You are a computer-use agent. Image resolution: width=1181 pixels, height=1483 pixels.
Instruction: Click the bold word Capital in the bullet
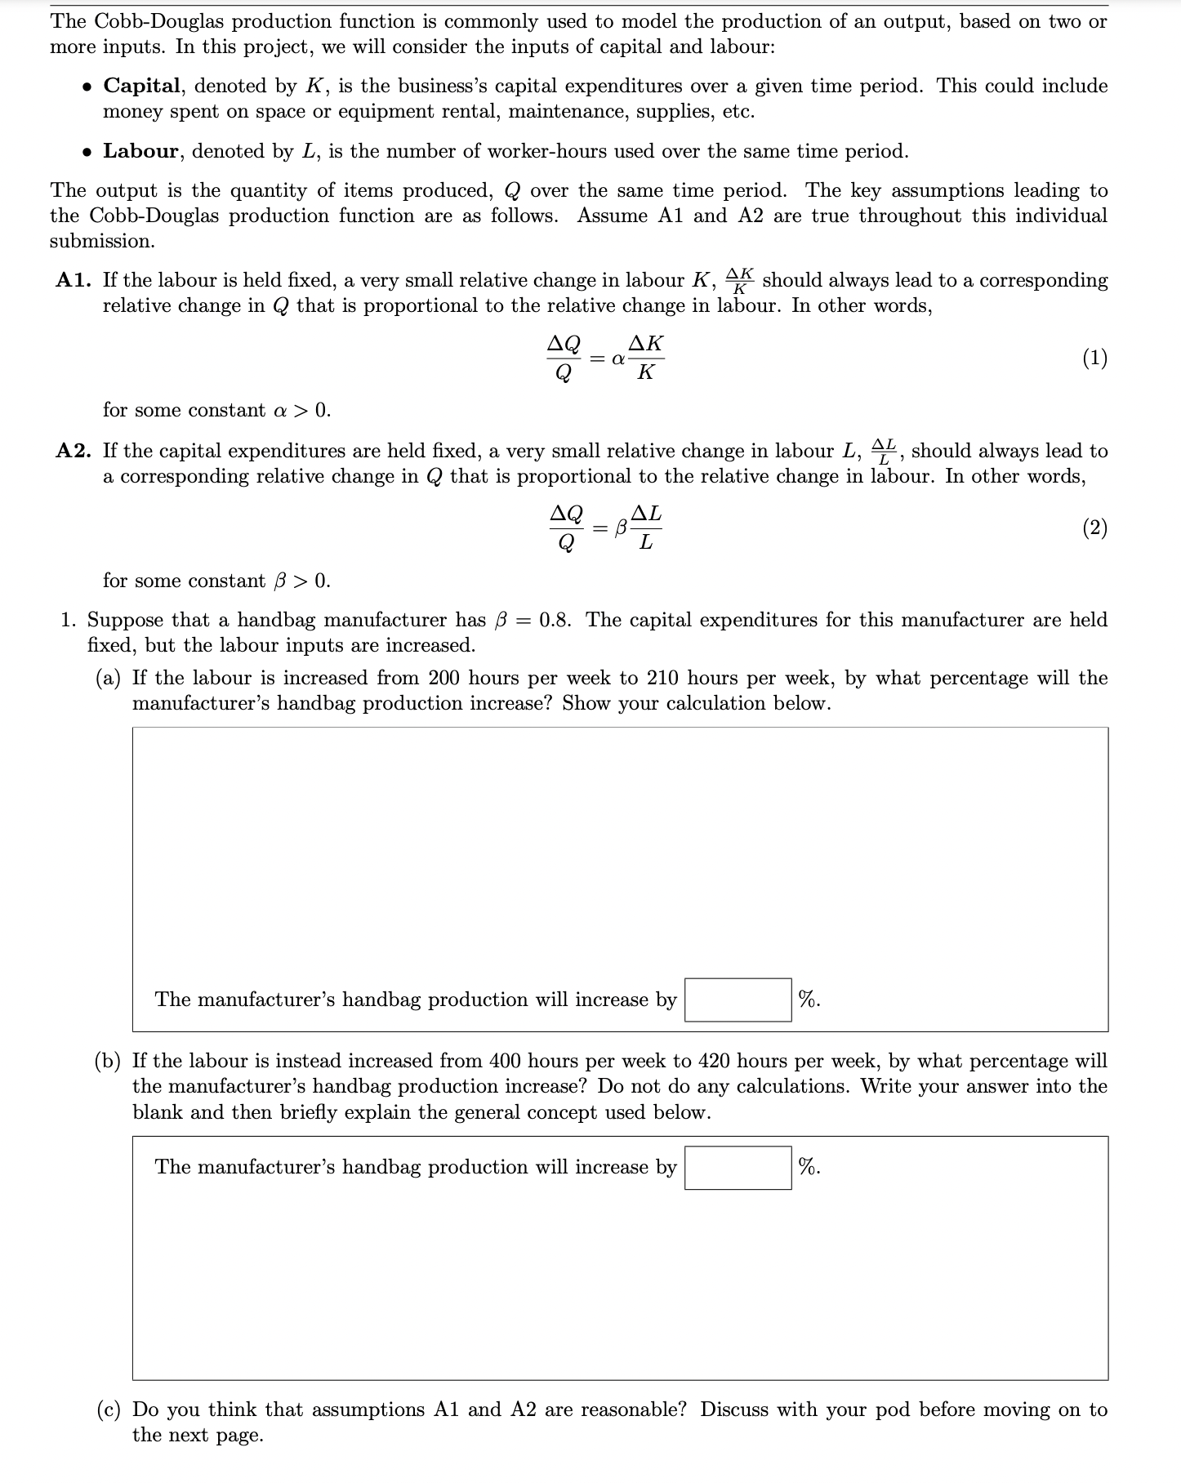pos(141,86)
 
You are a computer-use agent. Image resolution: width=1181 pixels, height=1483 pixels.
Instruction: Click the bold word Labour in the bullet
pos(140,151)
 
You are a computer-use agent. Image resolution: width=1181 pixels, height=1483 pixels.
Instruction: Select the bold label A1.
pos(74,280)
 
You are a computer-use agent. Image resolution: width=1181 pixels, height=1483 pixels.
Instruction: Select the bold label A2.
pos(74,451)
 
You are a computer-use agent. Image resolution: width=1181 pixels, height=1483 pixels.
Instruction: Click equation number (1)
pos(1094,358)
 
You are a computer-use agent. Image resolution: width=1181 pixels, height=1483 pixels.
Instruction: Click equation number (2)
pos(1094,528)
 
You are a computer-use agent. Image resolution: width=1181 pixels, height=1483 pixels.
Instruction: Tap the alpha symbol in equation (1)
pos(618,359)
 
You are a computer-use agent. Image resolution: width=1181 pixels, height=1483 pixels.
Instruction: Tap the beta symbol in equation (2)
pos(621,528)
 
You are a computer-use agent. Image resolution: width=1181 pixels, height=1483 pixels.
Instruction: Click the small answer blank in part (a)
pos(738,1000)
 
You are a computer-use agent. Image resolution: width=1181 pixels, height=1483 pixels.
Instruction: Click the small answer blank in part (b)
pos(738,1167)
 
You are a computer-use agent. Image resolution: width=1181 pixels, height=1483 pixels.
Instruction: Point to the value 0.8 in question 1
pos(555,620)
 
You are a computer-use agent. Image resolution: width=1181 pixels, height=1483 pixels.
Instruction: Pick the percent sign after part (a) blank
pos(809,1000)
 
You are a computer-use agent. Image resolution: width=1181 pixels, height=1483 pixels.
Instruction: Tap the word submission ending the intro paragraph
pos(101,241)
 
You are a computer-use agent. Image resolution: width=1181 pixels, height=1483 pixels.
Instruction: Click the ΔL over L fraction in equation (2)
pos(646,528)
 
